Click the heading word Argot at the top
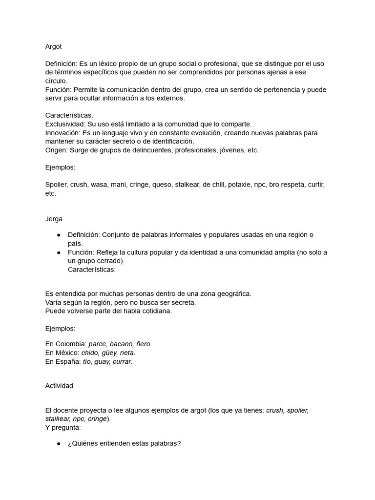(x=54, y=46)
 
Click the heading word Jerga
(x=54, y=219)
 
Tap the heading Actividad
(x=59, y=385)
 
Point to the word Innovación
(x=62, y=133)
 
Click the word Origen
(x=56, y=150)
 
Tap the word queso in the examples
(x=162, y=185)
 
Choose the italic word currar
(x=124, y=361)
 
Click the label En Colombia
(x=66, y=344)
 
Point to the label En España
(x=62, y=361)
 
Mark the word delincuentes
(x=152, y=150)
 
